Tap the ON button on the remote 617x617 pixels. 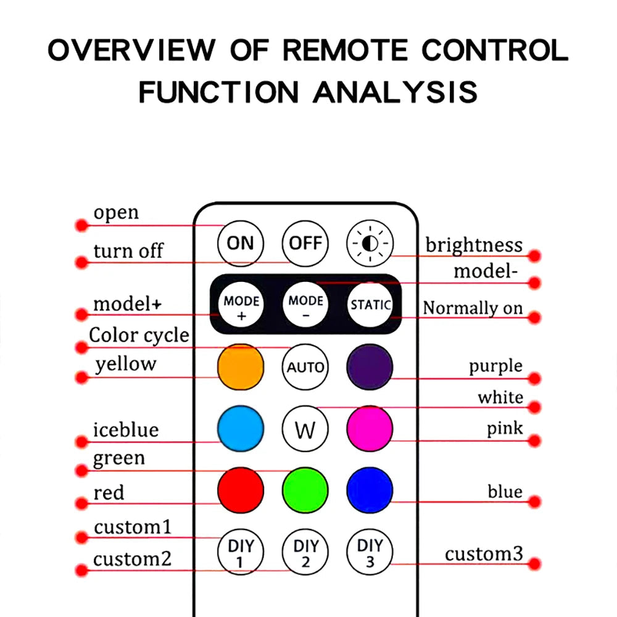(x=240, y=243)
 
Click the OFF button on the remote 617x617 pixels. (x=305, y=243)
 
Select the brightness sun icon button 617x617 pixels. (x=370, y=243)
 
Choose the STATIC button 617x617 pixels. (x=370, y=304)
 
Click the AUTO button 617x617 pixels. (x=305, y=368)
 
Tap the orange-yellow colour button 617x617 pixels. (x=240, y=368)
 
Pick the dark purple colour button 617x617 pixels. (x=370, y=368)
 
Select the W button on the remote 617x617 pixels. (x=305, y=429)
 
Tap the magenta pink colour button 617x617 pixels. (x=370, y=429)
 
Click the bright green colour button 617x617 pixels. (x=305, y=491)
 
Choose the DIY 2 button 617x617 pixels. (x=305, y=552)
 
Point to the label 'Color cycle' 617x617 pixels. (x=139, y=336)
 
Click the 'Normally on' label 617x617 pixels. (x=473, y=307)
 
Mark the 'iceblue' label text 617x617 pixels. (x=126, y=429)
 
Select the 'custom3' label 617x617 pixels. (x=484, y=553)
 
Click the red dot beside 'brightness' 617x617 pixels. (x=535, y=255)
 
